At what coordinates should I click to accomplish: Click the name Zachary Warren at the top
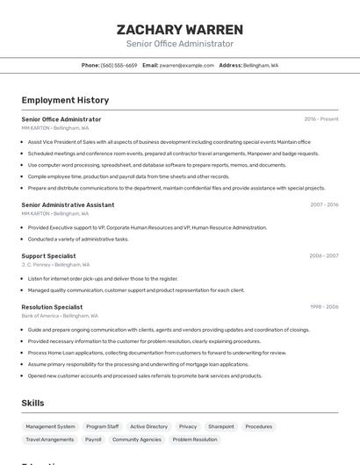pos(179,29)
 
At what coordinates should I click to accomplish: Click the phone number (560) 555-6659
pos(119,65)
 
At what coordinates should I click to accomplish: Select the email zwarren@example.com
pos(187,65)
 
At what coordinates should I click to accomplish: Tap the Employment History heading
pos(65,100)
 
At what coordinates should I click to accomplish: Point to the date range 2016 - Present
pos(321,119)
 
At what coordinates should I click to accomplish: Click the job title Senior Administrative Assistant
pos(68,204)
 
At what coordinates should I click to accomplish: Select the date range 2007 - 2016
pos(324,204)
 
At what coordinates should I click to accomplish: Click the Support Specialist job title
pos(48,256)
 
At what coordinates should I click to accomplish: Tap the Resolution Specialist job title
pos(52,307)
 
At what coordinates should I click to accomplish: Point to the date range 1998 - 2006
pos(324,307)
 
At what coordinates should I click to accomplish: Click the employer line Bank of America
pos(60,316)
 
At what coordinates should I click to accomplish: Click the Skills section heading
pos(32,403)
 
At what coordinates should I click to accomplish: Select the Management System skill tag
pos(50,426)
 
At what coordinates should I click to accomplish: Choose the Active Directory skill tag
pos(148,426)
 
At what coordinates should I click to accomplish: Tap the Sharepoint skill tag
pos(221,426)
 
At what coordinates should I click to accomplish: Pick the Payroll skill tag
pos(93,440)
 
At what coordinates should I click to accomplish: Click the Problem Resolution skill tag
pos(195,440)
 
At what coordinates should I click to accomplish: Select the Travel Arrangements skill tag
pos(50,440)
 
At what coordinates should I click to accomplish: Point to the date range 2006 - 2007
pos(324,256)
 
